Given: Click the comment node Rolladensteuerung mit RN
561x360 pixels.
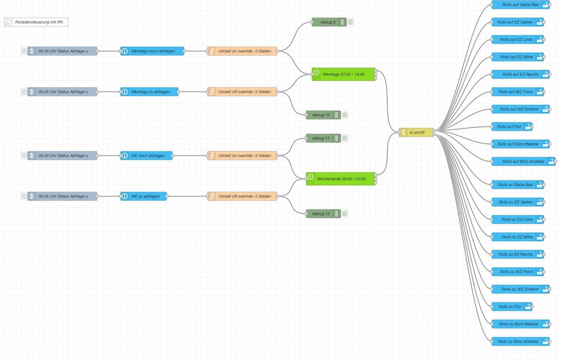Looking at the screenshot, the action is [x=36, y=22].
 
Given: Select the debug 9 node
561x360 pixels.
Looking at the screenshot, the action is [x=329, y=22].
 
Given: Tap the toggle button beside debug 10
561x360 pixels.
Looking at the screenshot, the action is [x=345, y=115].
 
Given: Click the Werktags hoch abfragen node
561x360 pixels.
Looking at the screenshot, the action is [x=153, y=51].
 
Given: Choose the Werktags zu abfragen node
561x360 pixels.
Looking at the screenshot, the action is [x=150, y=92].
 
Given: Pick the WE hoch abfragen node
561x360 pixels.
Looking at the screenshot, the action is [x=147, y=156].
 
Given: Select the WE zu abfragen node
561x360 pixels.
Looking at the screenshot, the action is [x=144, y=196].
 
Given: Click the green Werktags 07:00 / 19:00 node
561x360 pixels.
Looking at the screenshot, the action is [x=344, y=74].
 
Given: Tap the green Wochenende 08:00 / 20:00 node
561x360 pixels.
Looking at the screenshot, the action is [x=341, y=179].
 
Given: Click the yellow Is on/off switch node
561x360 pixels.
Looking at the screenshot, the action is [x=417, y=132].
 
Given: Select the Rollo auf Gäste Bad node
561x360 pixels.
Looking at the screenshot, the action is [x=520, y=5].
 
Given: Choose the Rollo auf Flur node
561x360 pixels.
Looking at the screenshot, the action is [x=512, y=127].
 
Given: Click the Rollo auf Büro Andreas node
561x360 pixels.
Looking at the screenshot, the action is [x=523, y=161].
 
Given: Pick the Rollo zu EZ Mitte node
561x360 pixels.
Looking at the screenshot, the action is [x=517, y=237].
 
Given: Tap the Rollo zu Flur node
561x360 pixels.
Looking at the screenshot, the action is [x=512, y=307].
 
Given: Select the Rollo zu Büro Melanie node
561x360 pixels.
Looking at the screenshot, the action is [x=520, y=324].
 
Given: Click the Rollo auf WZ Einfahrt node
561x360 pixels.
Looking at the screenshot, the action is [x=520, y=109].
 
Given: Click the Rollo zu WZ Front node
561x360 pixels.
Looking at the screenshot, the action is [x=517, y=272].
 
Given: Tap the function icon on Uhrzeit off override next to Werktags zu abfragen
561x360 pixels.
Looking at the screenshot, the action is [x=212, y=92].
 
